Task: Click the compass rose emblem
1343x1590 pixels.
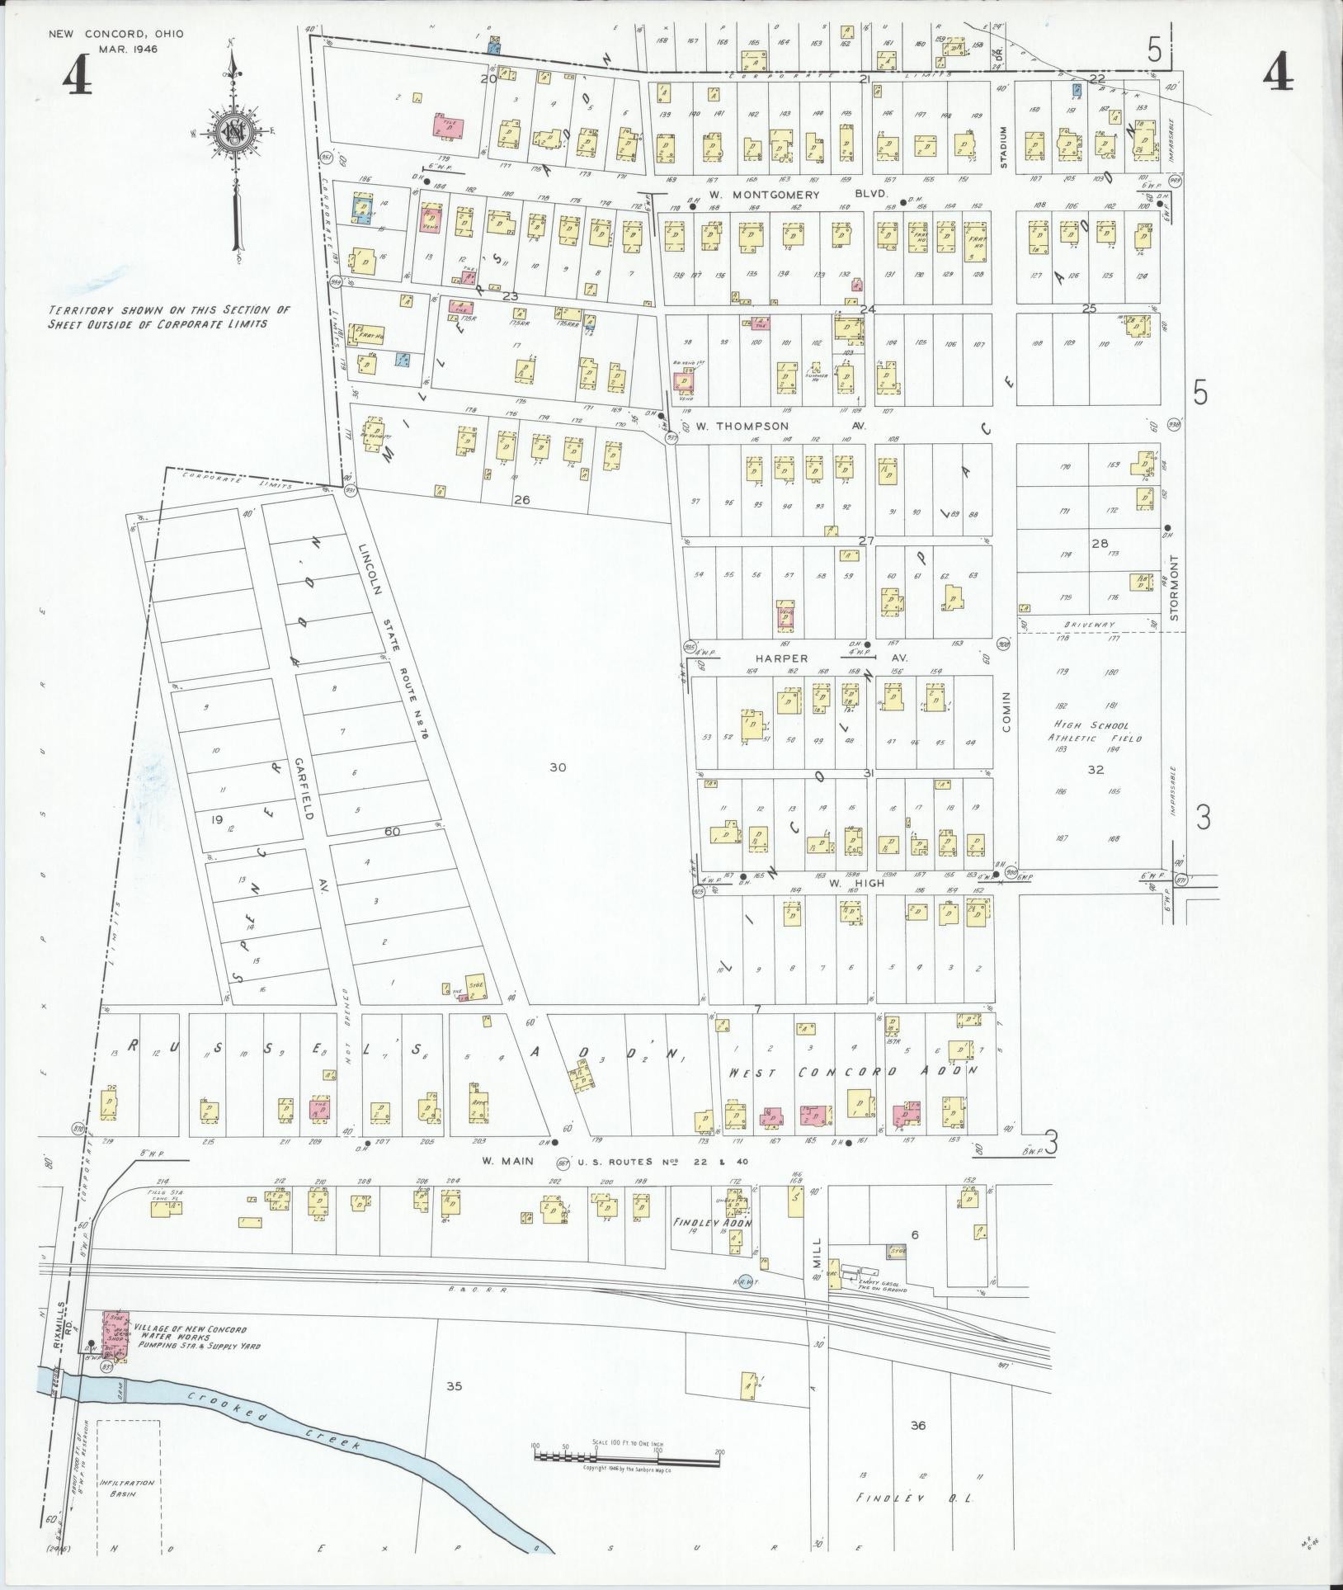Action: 234,133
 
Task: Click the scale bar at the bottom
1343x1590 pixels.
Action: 627,1458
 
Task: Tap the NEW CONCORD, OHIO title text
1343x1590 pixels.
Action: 115,34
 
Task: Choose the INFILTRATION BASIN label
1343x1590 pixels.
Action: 127,1488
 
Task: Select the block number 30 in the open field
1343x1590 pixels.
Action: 558,767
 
